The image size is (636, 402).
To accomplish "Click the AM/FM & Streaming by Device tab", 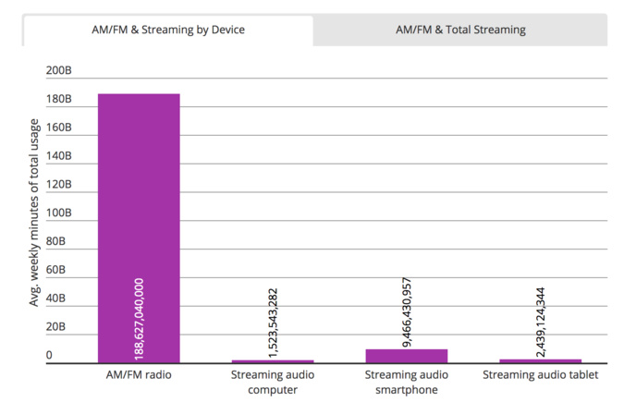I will [x=167, y=30].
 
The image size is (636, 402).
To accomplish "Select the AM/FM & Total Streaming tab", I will [x=459, y=30].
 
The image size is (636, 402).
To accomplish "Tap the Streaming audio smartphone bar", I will [x=407, y=357].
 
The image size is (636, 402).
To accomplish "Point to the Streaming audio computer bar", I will [x=273, y=361].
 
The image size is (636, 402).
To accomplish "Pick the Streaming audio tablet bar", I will [x=541, y=361].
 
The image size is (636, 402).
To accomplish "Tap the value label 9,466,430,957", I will [x=407, y=311].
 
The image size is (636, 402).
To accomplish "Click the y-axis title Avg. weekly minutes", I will [x=35, y=213].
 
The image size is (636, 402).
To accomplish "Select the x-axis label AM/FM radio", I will [x=139, y=375].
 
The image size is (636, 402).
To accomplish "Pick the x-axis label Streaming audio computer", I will [x=273, y=382].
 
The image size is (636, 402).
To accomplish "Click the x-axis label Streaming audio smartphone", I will [x=407, y=382].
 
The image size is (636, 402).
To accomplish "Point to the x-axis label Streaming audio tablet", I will [x=541, y=375].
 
